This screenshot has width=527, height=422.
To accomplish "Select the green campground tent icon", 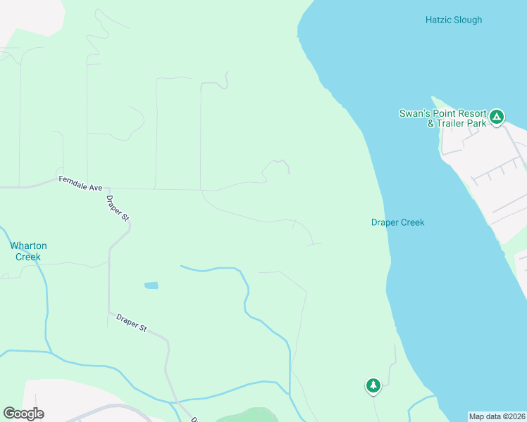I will pos(497,116).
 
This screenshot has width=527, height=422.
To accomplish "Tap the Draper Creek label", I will pos(397,222).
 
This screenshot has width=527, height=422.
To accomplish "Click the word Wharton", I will pos(28,246).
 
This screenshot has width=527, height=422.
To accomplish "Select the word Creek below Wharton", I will pos(28,257).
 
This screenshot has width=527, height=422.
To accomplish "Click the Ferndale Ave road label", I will pos(81,184).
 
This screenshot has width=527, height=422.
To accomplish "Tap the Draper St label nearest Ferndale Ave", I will pos(117,207).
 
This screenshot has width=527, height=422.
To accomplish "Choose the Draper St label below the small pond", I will pos(131,324).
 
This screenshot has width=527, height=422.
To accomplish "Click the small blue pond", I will pos(151,286).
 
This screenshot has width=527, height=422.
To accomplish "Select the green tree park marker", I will pos(373,385).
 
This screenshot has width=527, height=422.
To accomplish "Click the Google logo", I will pos(23,414).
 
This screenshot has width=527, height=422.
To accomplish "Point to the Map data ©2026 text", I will pos(497,416).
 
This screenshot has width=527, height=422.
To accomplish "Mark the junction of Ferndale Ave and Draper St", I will pos(108,188).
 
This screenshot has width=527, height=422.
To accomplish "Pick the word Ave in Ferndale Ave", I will pos(94,187).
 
